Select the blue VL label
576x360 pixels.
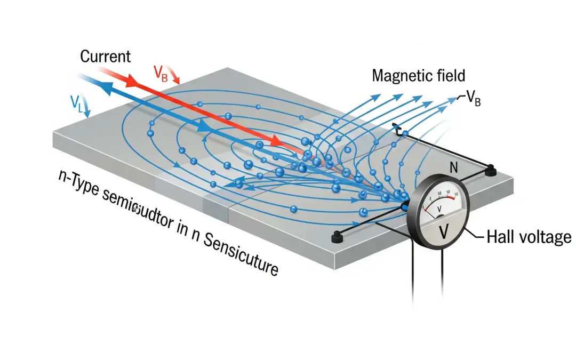(x=77, y=101)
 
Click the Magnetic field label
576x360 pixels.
(x=419, y=75)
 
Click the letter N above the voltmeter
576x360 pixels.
(x=454, y=167)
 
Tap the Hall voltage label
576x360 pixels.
(x=529, y=237)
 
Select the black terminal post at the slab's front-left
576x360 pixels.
(x=337, y=238)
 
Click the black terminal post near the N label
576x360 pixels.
(x=491, y=171)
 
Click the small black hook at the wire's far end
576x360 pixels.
(x=396, y=129)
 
